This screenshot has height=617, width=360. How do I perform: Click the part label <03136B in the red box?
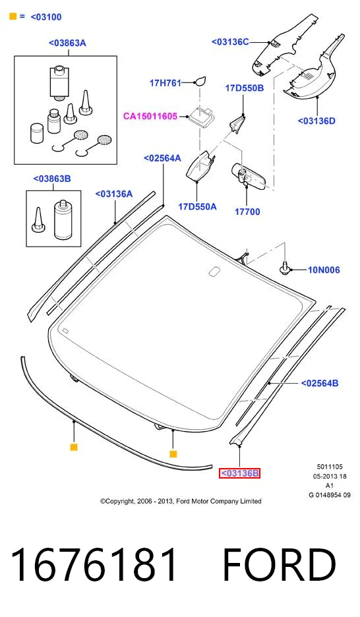click(x=239, y=473)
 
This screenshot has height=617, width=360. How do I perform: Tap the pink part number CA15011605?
click(x=150, y=116)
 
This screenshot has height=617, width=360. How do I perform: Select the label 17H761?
click(x=165, y=82)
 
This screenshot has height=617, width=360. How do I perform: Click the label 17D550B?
click(x=245, y=88)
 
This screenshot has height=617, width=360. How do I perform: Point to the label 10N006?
click(x=324, y=270)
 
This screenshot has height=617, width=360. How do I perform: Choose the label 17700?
click(x=247, y=212)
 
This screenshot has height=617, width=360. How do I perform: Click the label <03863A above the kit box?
click(x=67, y=43)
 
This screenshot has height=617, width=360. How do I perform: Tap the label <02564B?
click(x=320, y=383)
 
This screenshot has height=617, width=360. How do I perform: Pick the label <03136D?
click(x=316, y=121)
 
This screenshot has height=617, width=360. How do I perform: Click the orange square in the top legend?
click(x=13, y=16)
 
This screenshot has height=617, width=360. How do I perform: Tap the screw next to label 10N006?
click(x=285, y=269)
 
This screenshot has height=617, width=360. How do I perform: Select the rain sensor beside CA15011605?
click(x=202, y=117)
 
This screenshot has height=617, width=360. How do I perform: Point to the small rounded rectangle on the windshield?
click(x=215, y=272)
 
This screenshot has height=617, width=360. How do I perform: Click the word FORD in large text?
click(x=280, y=565)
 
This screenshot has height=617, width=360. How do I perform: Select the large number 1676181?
click(x=94, y=565)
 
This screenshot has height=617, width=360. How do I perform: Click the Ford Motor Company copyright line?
click(x=181, y=501)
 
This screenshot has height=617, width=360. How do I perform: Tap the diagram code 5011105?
click(x=330, y=467)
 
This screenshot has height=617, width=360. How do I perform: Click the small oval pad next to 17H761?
click(x=200, y=81)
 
